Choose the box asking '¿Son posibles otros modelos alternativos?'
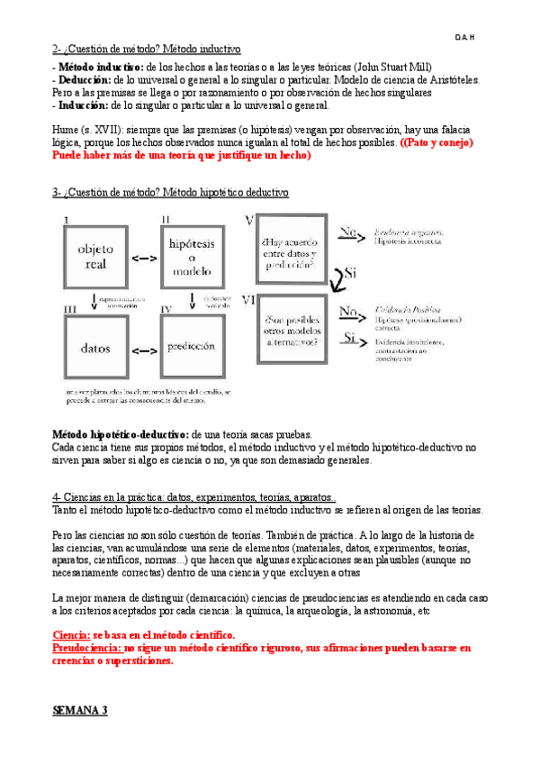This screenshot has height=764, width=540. coord(289,330)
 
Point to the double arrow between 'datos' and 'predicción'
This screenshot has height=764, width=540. coord(143,348)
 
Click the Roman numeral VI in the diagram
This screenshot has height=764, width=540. coord(250,299)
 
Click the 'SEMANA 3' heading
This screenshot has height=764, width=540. coord(81,710)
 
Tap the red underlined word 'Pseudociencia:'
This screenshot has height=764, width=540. coord(86,647)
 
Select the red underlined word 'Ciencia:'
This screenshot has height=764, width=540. coord(72,634)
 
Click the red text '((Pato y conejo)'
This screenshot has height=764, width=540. coord(436,143)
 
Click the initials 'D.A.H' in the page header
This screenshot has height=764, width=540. coord(465,37)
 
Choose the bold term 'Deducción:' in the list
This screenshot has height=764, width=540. coord(85,80)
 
